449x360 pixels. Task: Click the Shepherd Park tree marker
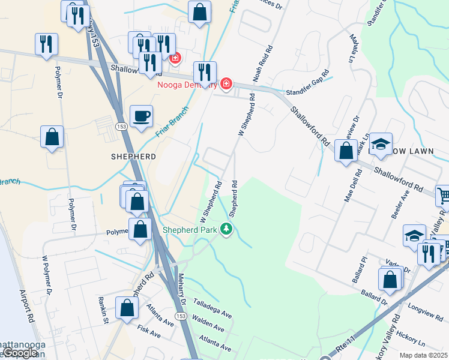pyautogui.click(x=226, y=230)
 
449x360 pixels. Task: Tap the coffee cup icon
pyautogui.click(x=141, y=116)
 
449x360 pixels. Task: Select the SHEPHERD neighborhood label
pyautogui.click(x=133, y=156)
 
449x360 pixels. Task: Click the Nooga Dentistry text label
pyautogui.click(x=186, y=85)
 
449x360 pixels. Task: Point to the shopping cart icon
pyautogui.click(x=444, y=194)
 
